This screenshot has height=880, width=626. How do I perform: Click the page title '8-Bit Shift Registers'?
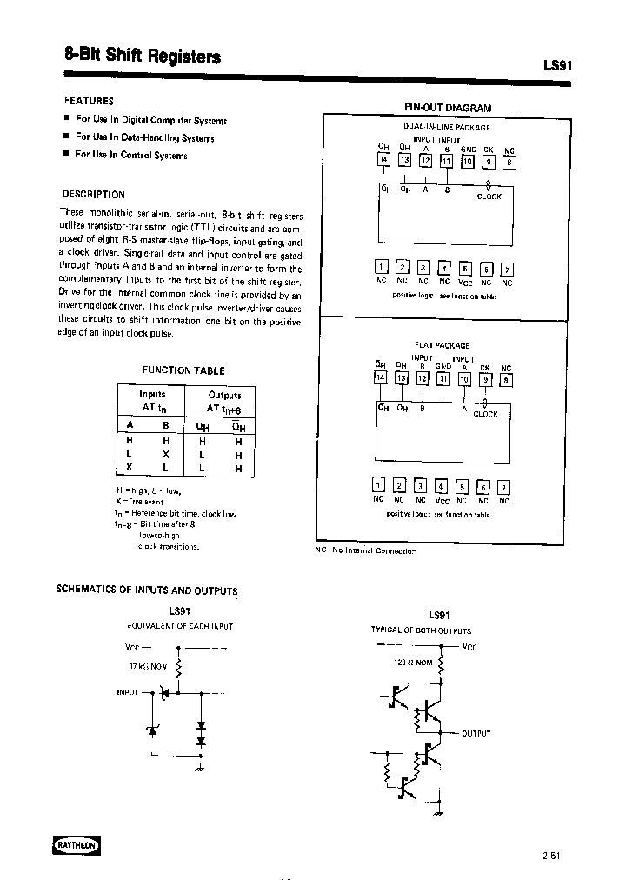pos(143,57)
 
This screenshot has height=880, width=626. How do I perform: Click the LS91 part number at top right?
pos(556,66)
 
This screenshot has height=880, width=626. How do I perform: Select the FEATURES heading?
pos(90,101)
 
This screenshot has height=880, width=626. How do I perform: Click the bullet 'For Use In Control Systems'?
pos(130,155)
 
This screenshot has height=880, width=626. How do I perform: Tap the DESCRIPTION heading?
pos(93,195)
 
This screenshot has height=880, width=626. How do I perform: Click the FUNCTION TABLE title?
pos(183,370)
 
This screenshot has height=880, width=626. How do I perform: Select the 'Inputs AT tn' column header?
pos(152,401)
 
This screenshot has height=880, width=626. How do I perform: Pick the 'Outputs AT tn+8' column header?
pos(224,401)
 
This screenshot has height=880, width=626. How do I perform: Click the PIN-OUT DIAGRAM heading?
pos(448,108)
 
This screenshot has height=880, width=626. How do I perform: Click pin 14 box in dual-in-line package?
pos(383,160)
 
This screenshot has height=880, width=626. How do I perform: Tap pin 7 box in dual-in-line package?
pos(508,268)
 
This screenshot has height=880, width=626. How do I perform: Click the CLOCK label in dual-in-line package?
pos(489,197)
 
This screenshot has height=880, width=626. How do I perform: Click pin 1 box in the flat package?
pos(378,486)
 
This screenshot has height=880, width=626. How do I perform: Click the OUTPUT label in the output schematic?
pos(476,733)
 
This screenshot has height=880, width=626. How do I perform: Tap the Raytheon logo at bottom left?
pos(71,844)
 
